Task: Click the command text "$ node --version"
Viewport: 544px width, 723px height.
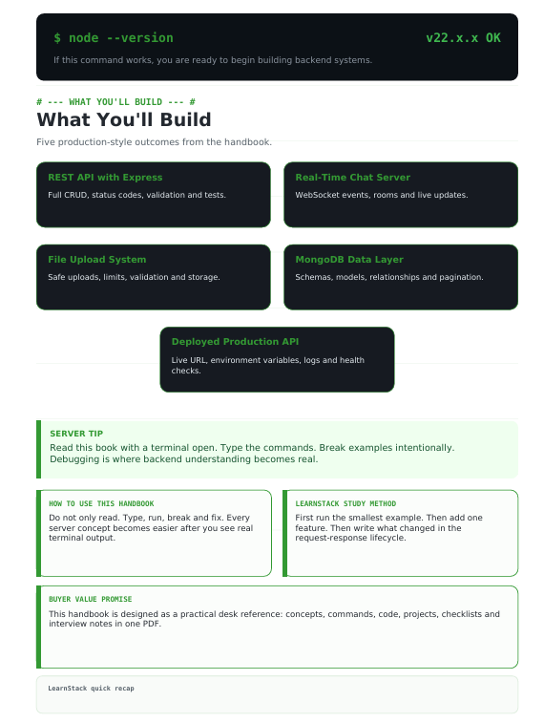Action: pyautogui.click(x=114, y=38)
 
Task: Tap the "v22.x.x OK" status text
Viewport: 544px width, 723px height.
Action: pyautogui.click(x=463, y=38)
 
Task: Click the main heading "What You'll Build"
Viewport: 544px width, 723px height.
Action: pyautogui.click(x=124, y=120)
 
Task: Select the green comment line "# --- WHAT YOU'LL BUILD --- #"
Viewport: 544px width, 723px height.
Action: pyautogui.click(x=115, y=102)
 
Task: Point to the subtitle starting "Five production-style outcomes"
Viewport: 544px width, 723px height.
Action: pyautogui.click(x=154, y=142)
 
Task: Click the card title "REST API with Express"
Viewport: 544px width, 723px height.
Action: pyautogui.click(x=105, y=177)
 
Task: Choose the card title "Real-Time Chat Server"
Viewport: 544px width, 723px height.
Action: pyautogui.click(x=352, y=177)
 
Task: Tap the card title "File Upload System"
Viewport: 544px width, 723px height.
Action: pyautogui.click(x=96, y=260)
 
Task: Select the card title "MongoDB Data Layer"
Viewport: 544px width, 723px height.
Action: pyautogui.click(x=349, y=260)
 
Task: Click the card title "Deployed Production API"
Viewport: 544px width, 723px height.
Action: pyautogui.click(x=235, y=342)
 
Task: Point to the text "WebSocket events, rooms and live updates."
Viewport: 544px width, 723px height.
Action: pyautogui.click(x=382, y=195)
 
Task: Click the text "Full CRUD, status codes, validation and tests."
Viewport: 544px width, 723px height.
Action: pyautogui.click(x=136, y=195)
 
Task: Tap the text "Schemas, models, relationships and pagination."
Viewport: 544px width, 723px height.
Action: pyautogui.click(x=389, y=277)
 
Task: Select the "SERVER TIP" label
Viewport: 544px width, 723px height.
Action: pyautogui.click(x=76, y=434)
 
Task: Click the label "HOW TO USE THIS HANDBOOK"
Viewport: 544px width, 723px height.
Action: pyautogui.click(x=101, y=503)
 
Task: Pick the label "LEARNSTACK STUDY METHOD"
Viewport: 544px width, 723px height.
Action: pyautogui.click(x=345, y=503)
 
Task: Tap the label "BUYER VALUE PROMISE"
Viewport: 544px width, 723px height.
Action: pyautogui.click(x=91, y=599)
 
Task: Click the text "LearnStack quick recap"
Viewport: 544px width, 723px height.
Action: pyautogui.click(x=91, y=688)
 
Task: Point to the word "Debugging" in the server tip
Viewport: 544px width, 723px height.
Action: pyautogui.click(x=72, y=459)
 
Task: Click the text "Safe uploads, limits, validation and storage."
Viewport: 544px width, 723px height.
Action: pyautogui.click(x=134, y=277)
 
